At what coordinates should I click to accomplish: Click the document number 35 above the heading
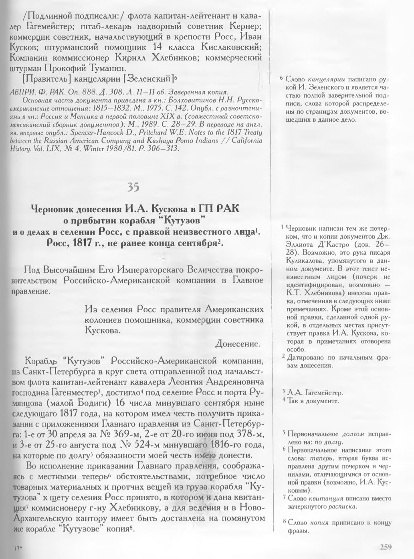click(x=133, y=187)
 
